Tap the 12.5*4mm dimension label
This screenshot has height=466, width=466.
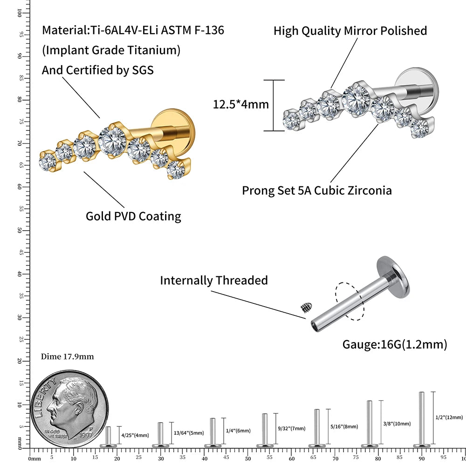tap(241, 104)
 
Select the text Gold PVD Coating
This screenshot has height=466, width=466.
tap(133, 216)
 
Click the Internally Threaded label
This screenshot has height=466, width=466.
tap(214, 281)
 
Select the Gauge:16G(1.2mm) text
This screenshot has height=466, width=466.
tap(395, 344)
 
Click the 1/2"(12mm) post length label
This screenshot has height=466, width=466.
tap(449, 418)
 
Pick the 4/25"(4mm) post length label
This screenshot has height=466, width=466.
tap(135, 435)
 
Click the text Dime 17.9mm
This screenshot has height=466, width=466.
tap(68, 357)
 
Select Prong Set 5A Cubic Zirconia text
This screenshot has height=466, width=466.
tap(317, 191)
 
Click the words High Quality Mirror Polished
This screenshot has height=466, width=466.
tap(350, 31)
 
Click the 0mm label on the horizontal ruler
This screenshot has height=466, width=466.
tap(34, 459)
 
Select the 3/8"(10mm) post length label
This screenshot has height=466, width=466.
tap(397, 424)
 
